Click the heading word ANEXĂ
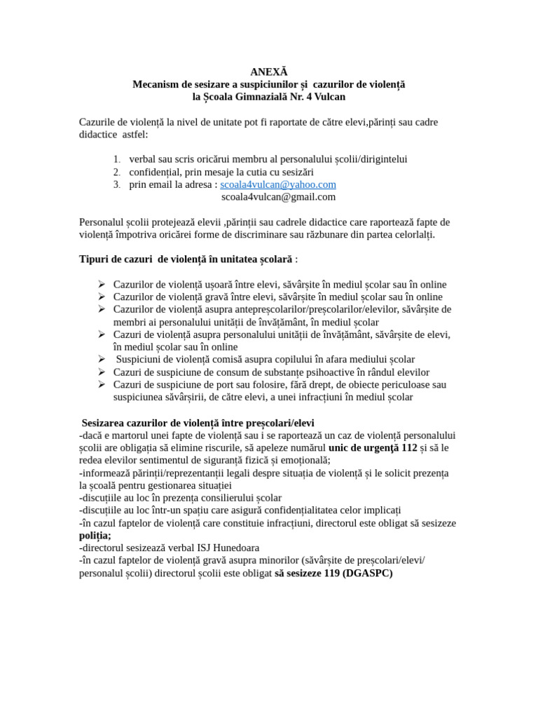269,72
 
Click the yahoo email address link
278,184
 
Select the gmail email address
278,197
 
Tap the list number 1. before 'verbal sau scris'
116,160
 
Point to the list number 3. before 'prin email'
116,185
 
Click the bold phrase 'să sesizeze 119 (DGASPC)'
333,573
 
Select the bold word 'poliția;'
95,535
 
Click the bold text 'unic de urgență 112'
373,447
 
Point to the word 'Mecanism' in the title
158,84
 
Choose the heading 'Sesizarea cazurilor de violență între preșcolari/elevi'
198,423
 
